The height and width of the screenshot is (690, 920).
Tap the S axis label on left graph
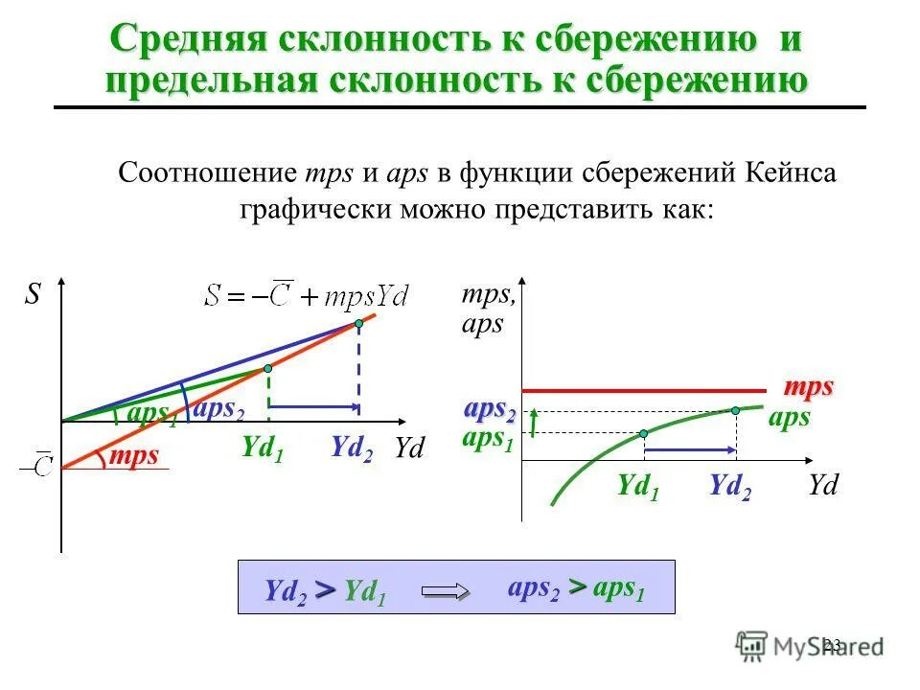coord(33,294)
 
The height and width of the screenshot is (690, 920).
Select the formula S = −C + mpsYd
coord(307,294)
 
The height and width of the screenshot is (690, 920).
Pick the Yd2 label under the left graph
coord(352,448)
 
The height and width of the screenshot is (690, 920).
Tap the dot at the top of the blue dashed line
coord(359,324)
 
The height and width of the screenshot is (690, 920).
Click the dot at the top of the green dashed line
coord(268,368)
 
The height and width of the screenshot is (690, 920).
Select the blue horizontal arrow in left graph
coord(314,407)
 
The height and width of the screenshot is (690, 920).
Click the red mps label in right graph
coord(808,387)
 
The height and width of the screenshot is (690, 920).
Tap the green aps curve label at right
coord(789,418)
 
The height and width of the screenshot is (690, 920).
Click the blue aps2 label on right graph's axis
coord(490,410)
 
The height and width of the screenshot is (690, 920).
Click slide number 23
coord(831,644)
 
